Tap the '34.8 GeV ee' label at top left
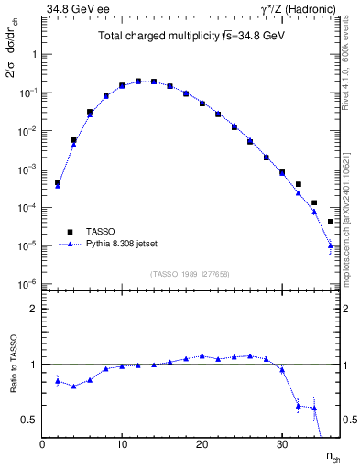[72, 8]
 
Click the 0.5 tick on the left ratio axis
[29, 420]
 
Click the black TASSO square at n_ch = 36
[330, 222]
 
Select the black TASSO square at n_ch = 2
[58, 182]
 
